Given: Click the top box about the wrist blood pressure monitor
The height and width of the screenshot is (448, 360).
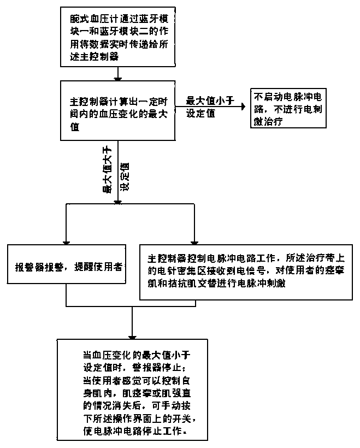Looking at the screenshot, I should [x=116, y=34].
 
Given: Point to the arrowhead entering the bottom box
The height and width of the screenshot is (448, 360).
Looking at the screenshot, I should [x=132, y=334].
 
